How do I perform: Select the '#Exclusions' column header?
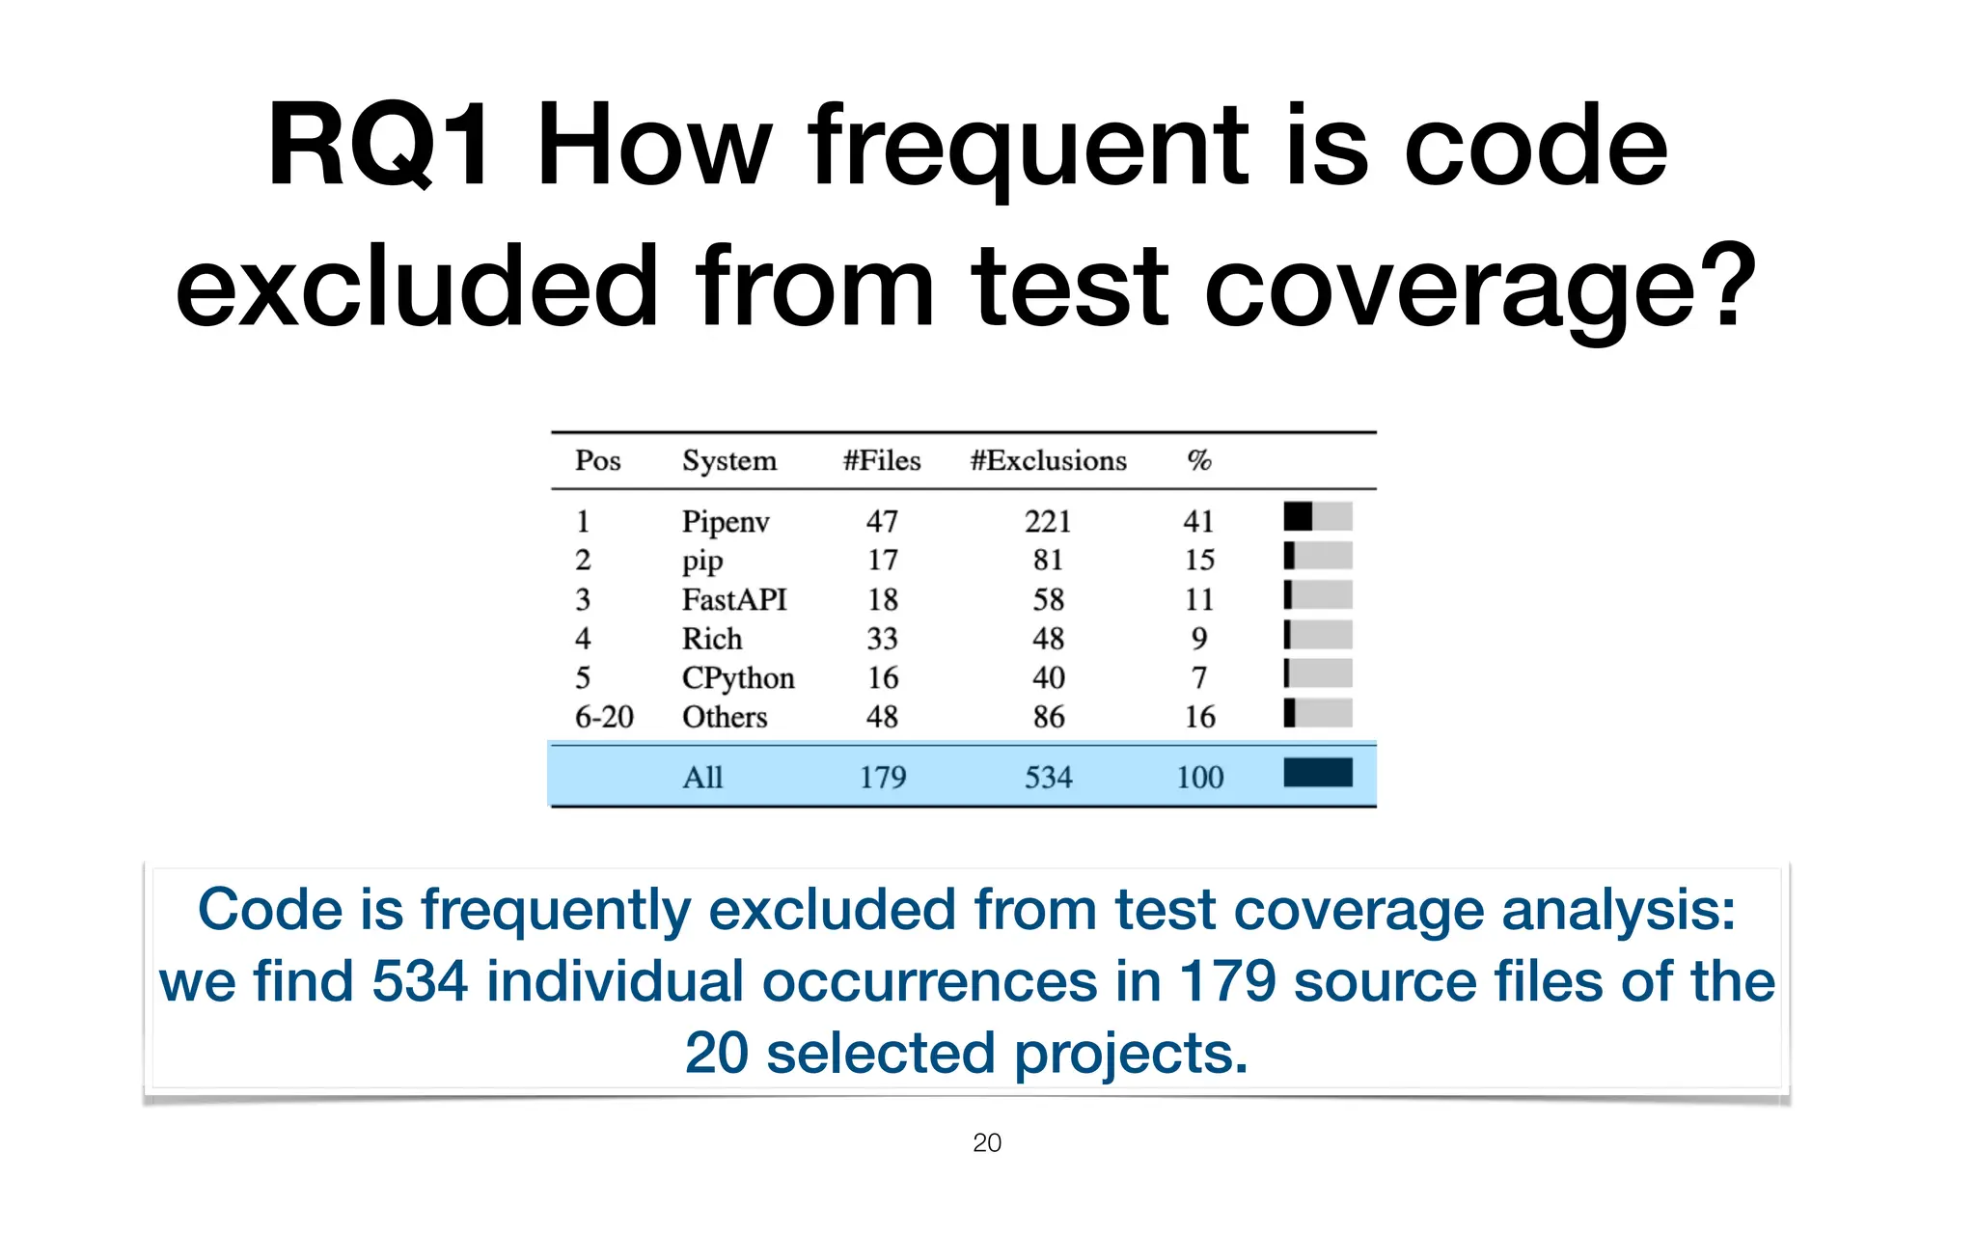coord(1048,460)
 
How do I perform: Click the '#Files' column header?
coord(881,460)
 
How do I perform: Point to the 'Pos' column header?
coord(597,460)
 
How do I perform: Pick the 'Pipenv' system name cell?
coord(725,522)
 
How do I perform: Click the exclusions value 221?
coord(1048,522)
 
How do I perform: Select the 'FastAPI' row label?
coord(734,600)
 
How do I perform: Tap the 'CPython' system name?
coord(738,678)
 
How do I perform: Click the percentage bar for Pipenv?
coord(1317,517)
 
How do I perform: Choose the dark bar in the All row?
coord(1317,773)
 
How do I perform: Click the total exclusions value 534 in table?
coord(1048,777)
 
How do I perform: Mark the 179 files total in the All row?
coord(883,777)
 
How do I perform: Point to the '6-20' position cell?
coord(604,717)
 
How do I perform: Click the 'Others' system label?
coord(725,717)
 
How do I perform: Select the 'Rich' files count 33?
coord(882,639)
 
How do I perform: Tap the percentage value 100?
coord(1199,777)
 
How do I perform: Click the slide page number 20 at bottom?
coord(986,1143)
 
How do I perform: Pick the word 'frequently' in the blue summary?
coord(555,911)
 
